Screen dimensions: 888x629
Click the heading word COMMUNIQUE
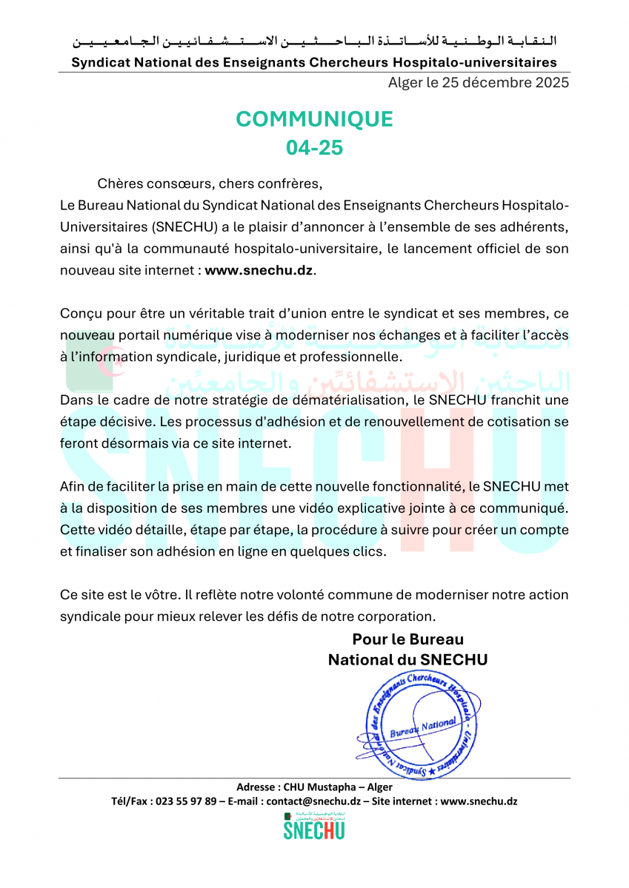click(314, 118)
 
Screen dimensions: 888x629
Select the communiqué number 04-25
click(314, 147)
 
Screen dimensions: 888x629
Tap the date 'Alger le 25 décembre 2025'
click(479, 82)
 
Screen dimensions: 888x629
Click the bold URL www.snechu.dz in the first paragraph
click(259, 270)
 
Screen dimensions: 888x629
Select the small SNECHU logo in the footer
click(314, 826)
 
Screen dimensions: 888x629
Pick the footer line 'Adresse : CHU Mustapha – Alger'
click(314, 787)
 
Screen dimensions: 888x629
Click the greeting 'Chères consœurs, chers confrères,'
click(210, 183)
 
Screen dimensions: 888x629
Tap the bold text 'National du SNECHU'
click(407, 659)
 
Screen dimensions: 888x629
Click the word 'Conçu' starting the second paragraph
click(79, 314)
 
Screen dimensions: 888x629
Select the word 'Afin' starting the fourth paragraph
click(72, 486)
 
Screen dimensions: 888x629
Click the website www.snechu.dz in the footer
click(479, 801)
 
